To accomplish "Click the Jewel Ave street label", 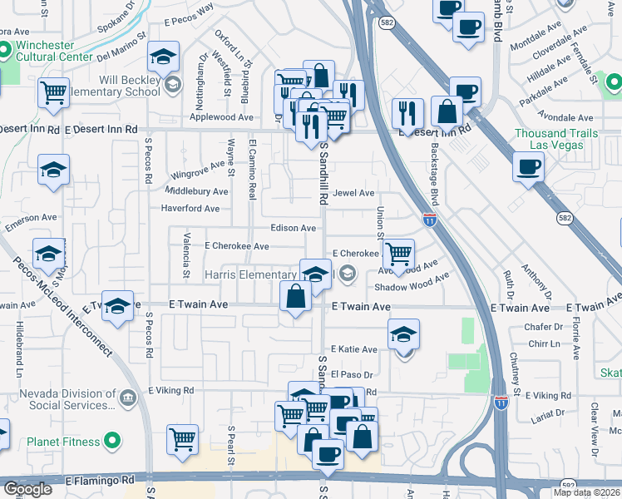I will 354,193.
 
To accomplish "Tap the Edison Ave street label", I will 293,228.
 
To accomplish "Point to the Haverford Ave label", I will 190,208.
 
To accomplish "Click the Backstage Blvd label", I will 433,174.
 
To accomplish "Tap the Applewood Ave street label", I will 222,118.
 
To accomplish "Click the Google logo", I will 27,489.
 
